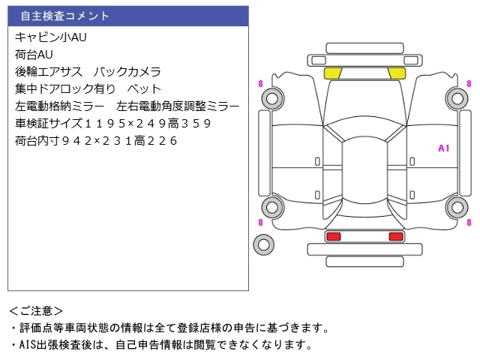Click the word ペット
(x=144, y=88)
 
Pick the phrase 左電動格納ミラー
(x=59, y=106)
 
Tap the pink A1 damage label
(x=443, y=148)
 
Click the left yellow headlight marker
(x=332, y=73)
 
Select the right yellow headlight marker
(x=396, y=73)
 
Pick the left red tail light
(x=333, y=237)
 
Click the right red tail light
(x=395, y=237)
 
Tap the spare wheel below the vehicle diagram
(x=263, y=243)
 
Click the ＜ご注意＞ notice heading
(x=36, y=310)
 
